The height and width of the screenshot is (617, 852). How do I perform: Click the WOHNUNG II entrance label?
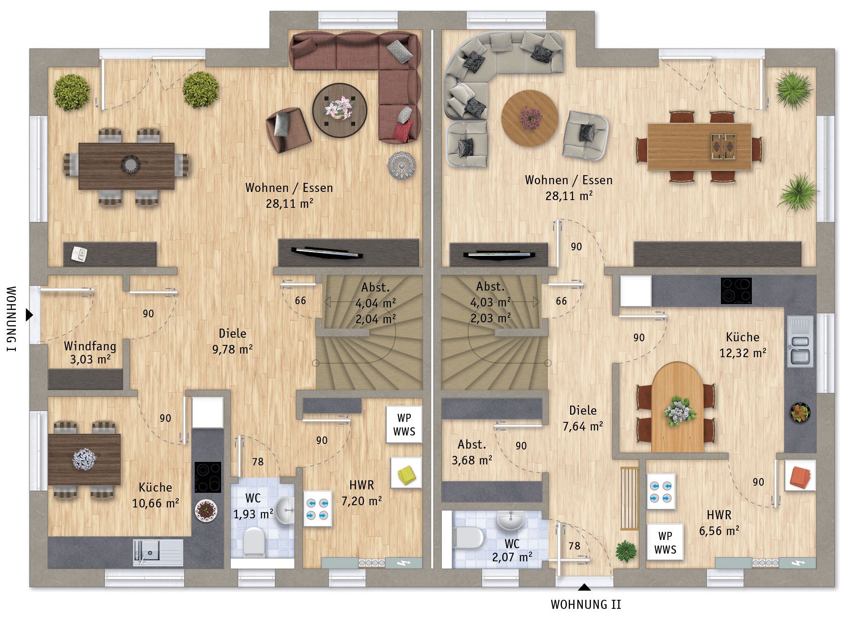586,604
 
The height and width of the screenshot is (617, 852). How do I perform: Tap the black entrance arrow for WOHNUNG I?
29,315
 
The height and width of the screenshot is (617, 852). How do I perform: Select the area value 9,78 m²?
232,349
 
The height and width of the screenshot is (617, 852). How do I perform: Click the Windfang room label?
90,346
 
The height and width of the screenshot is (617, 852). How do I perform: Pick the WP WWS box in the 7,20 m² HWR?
404,425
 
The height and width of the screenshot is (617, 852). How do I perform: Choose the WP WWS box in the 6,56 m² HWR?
665,542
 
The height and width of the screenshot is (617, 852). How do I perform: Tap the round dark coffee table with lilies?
339,110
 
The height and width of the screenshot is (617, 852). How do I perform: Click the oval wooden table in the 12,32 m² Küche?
677,407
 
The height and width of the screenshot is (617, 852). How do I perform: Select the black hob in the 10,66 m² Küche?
208,477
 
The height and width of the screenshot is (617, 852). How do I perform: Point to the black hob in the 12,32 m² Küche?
736,291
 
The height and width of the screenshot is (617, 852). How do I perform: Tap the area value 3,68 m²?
472,460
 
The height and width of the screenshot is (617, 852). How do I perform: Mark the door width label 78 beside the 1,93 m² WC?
258,462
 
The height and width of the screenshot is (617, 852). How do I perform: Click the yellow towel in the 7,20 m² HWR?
406,474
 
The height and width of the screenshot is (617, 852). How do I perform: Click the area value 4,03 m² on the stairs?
490,302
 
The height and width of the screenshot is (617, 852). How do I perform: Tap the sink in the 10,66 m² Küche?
158,552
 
